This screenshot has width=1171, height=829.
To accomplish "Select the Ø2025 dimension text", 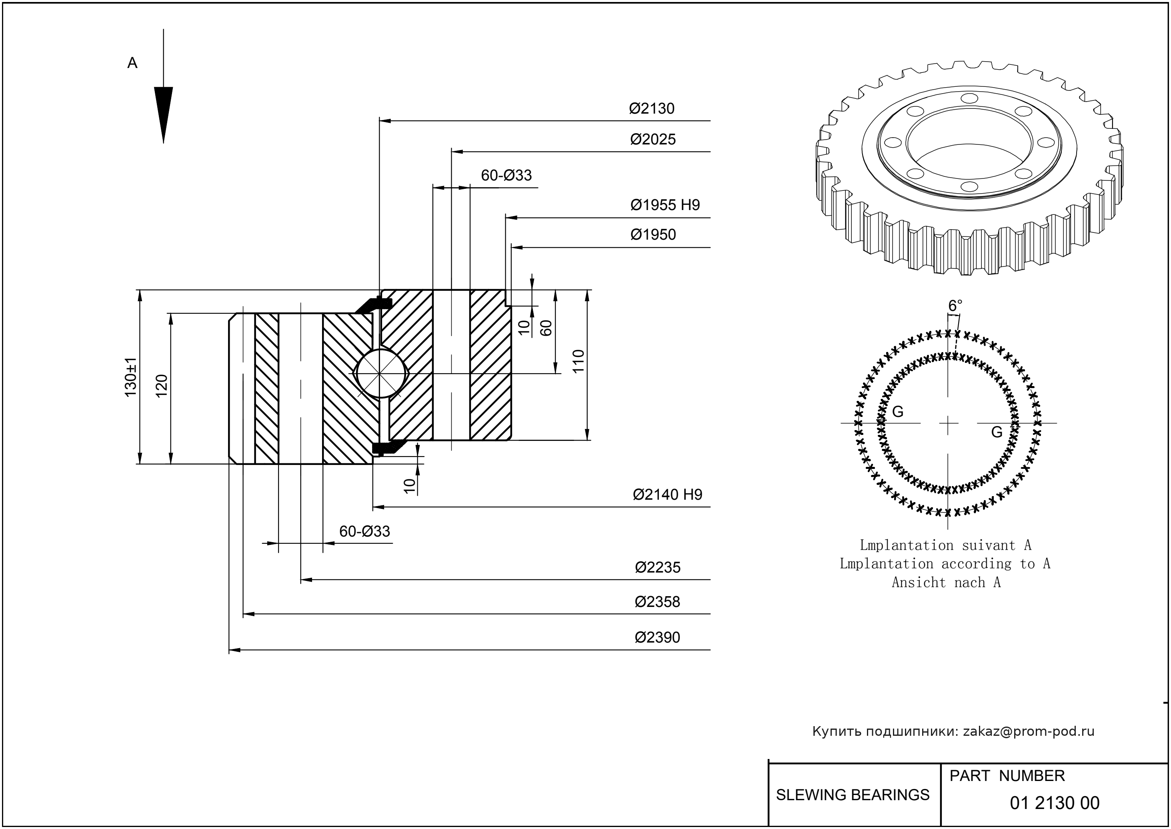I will tap(653, 139).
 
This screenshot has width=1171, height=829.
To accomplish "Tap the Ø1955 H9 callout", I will tap(665, 205).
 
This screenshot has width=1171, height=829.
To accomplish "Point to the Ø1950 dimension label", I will tap(653, 235).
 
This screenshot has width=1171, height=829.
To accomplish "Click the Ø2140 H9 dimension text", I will tap(667, 495).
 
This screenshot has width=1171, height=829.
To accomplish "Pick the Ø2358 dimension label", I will tap(657, 602).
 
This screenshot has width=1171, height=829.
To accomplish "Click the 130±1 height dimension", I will tap(131, 377).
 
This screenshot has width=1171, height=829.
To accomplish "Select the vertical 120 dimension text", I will tap(161, 386).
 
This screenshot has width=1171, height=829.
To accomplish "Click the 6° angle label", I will tap(955, 306).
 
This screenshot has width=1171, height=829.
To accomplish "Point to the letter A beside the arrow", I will tap(132, 63).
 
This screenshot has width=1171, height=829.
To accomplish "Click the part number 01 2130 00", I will tap(1055, 803).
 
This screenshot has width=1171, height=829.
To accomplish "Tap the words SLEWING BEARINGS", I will tap(853, 795).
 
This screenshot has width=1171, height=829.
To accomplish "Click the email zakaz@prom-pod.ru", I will tap(1029, 731).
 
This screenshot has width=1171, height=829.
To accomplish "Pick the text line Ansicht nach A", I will tap(946, 583).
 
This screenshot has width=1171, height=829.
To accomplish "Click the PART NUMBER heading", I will tap(1007, 776).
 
